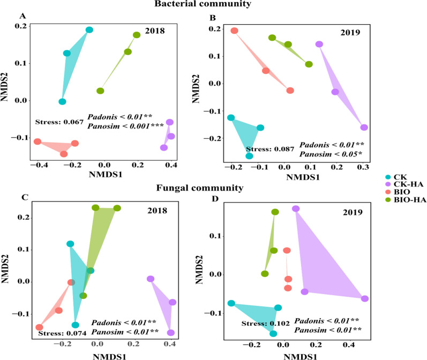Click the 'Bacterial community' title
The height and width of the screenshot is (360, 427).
click(x=213, y=5)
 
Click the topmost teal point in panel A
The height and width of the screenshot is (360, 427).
click(x=89, y=30)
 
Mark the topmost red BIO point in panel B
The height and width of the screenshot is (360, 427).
click(x=234, y=31)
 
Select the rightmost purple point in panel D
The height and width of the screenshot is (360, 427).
click(x=364, y=298)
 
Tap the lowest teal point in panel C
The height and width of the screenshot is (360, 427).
click(x=76, y=325)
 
